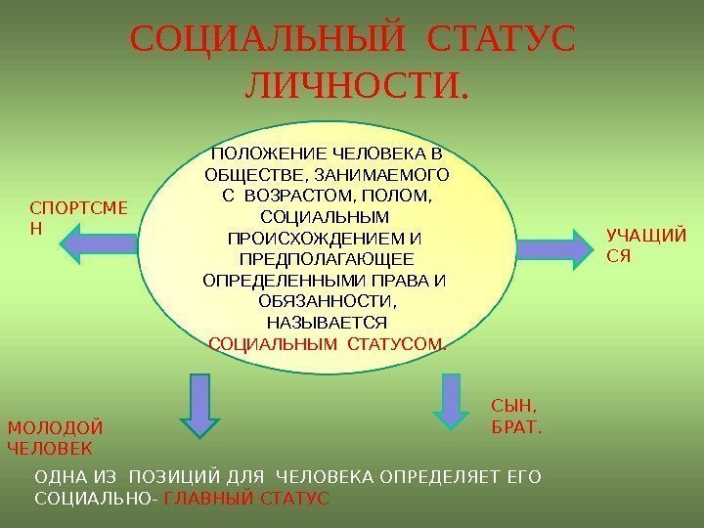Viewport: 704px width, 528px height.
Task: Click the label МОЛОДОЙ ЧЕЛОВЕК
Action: pos(55,438)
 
